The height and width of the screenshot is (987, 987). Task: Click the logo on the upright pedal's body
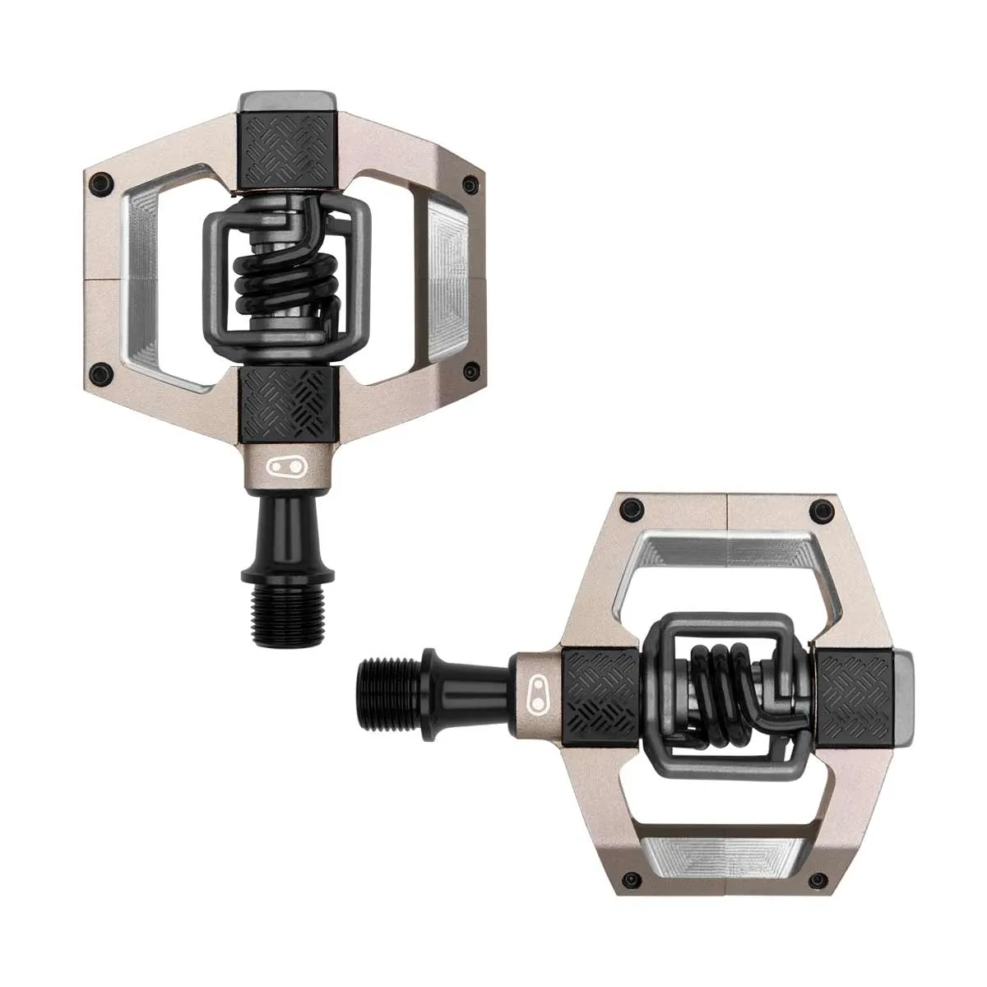coord(283,467)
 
